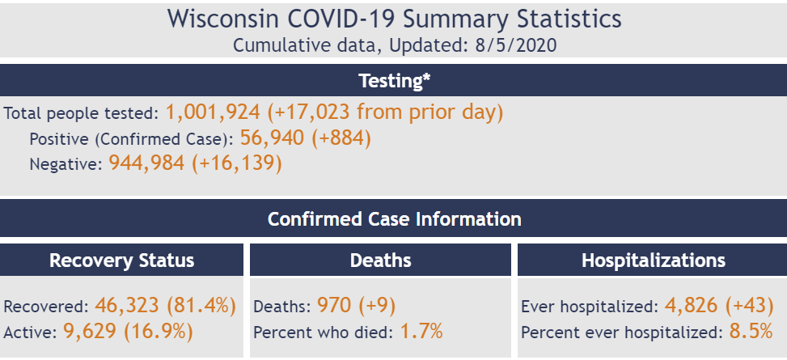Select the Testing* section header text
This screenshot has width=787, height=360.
(x=393, y=81)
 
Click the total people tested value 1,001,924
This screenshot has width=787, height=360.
(x=213, y=112)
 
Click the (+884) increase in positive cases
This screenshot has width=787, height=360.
(x=340, y=138)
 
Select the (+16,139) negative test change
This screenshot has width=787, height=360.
(x=236, y=163)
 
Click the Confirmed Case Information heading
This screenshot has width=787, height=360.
(x=394, y=218)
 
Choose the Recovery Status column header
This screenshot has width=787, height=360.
(x=121, y=260)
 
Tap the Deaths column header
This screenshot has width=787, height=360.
(x=380, y=260)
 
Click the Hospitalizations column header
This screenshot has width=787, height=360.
(x=653, y=260)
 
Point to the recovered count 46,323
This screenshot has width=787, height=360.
(x=127, y=306)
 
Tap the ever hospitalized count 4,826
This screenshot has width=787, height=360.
(x=692, y=306)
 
